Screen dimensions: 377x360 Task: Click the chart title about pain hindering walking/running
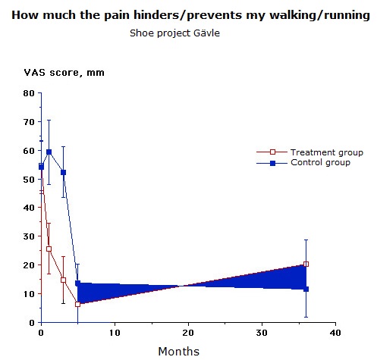[x=190, y=15]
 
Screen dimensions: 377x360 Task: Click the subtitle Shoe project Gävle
[x=174, y=33]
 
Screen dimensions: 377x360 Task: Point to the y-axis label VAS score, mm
[x=64, y=73]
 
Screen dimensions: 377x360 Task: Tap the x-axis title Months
[x=179, y=351]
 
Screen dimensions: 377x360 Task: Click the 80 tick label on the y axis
[x=29, y=93]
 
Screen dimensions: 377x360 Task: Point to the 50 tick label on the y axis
[x=29, y=180]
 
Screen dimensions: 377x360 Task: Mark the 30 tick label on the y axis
[x=29, y=236]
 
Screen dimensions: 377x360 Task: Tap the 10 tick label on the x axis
[x=115, y=333]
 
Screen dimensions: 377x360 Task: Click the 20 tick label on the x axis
[x=188, y=333]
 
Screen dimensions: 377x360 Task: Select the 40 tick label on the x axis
[x=335, y=333]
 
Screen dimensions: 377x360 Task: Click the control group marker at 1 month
[x=49, y=152]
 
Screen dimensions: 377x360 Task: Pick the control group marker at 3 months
[x=63, y=172]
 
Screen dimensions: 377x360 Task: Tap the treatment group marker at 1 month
[x=49, y=249]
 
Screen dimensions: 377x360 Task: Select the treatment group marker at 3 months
[x=63, y=280]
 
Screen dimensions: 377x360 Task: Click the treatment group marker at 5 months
[x=77, y=304]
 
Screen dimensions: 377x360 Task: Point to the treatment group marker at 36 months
[x=306, y=264]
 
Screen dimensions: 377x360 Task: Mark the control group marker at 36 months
[x=306, y=289]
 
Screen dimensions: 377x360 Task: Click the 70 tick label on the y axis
[x=29, y=122]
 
